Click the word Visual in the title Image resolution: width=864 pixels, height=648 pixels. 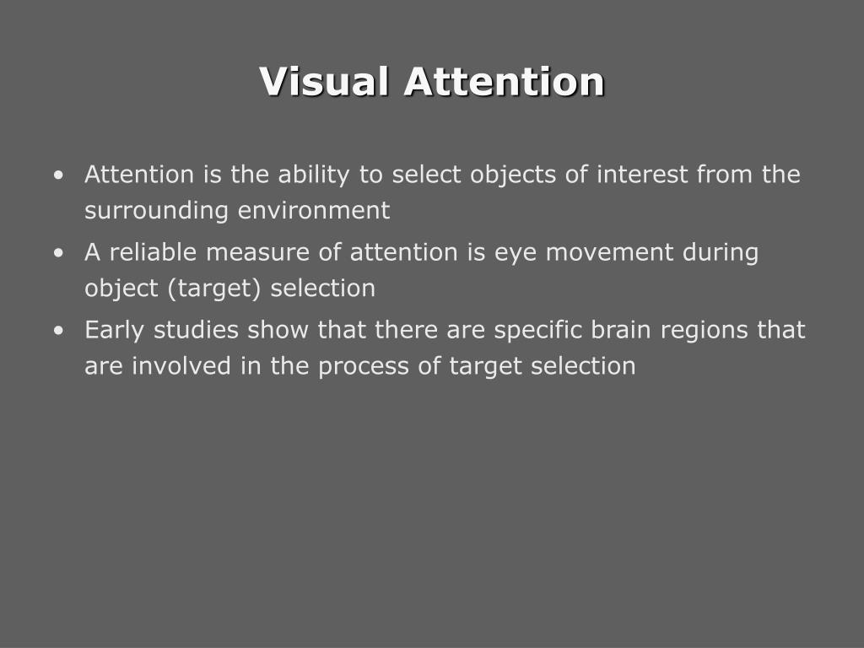coord(325,82)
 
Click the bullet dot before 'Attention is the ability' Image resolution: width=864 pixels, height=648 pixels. coord(57,175)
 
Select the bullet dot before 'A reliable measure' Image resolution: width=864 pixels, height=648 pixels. coord(57,253)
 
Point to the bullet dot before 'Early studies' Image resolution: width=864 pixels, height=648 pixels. coord(57,331)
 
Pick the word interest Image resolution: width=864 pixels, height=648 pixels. coord(644,175)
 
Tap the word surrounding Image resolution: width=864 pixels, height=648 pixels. coord(156,211)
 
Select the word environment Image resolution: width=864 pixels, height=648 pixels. coord(314,210)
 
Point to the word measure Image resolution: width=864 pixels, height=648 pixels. coord(253,252)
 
